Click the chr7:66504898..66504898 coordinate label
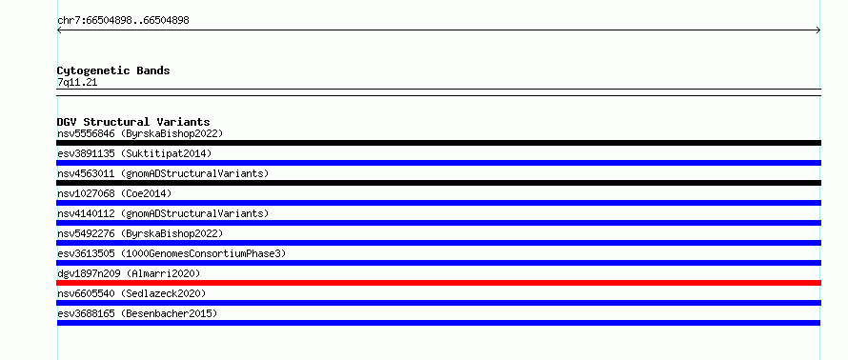point(123,21)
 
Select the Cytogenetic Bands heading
point(113,70)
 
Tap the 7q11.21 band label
point(77,83)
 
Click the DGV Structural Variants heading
point(133,122)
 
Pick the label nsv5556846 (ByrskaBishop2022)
point(140,133)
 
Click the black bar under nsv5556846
point(438,143)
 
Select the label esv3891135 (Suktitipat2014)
point(134,153)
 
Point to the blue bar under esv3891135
point(438,163)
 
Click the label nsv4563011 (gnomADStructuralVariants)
point(163,173)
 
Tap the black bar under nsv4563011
point(438,183)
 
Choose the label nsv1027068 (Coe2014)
point(114,193)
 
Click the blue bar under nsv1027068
point(438,203)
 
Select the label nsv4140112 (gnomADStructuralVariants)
point(163,213)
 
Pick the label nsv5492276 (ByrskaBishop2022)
point(140,233)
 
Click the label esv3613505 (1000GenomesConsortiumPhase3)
point(172,253)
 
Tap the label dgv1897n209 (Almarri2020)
point(129,273)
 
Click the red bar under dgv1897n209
point(438,283)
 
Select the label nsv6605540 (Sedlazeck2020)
point(131,293)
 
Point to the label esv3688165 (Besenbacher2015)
point(137,313)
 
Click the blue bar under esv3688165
point(438,323)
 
